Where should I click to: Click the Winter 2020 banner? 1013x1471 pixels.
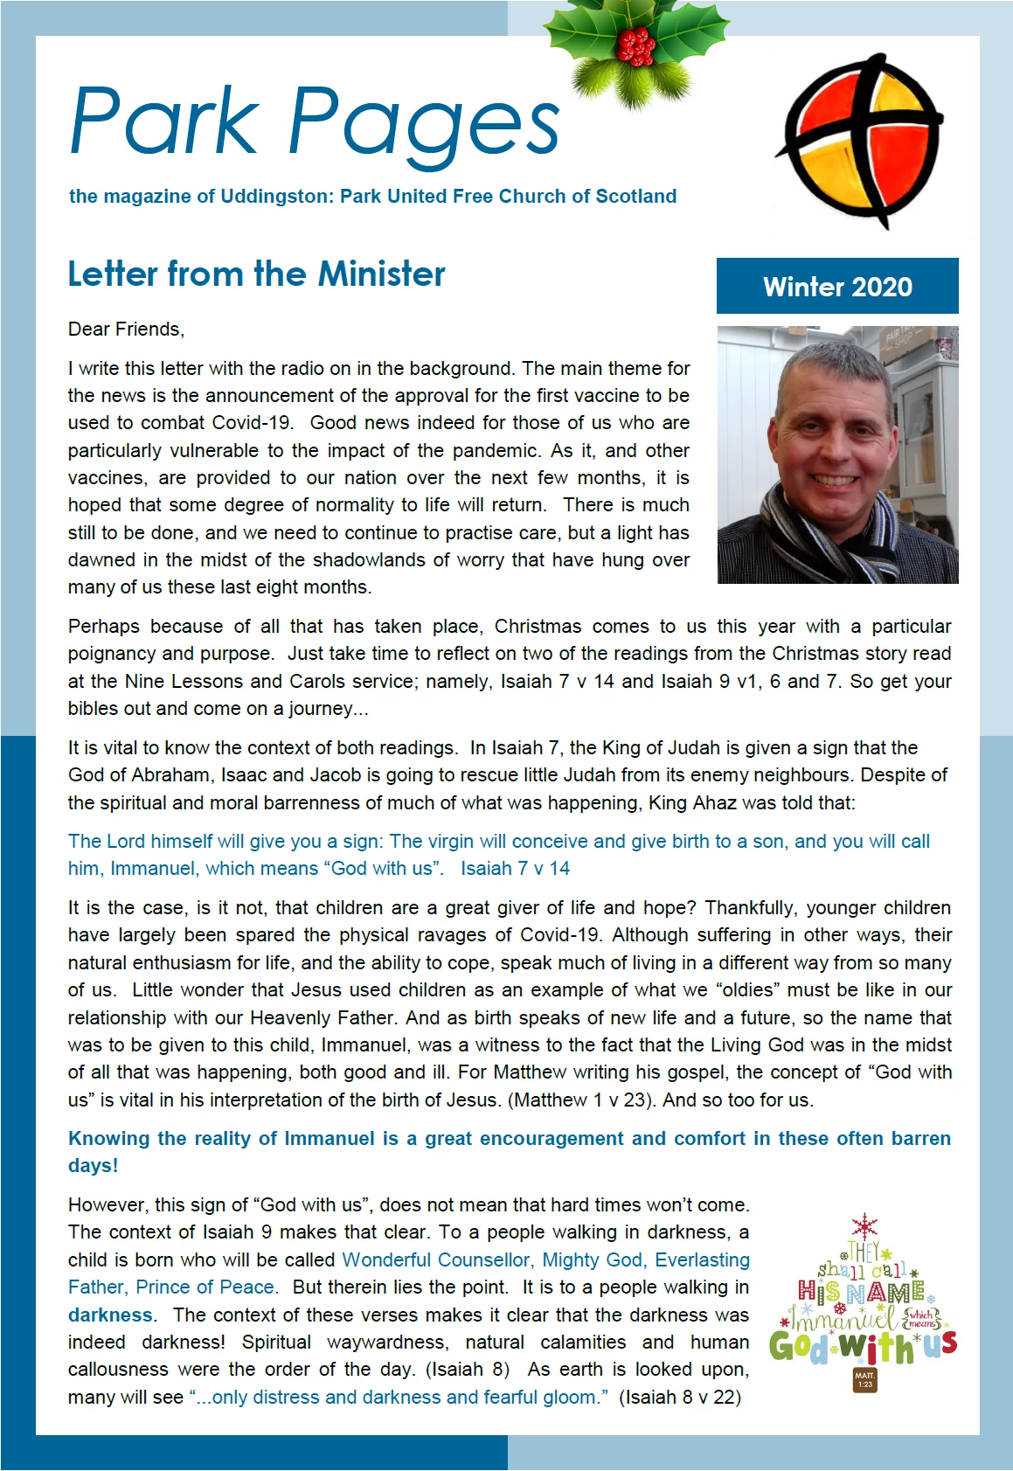click(836, 286)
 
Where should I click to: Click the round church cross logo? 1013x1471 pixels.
click(861, 139)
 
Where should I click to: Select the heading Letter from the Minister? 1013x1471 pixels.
click(256, 274)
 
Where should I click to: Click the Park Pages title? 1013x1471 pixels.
click(314, 123)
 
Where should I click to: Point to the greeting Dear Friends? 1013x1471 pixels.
click(126, 330)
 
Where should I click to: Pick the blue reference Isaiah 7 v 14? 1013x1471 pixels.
click(515, 869)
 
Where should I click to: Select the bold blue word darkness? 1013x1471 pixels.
click(110, 1315)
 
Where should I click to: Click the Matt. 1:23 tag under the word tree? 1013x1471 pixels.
click(864, 1380)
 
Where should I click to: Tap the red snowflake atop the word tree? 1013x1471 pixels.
click(864, 1225)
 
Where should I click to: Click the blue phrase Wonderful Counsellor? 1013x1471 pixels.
click(436, 1260)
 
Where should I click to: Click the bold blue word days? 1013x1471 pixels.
click(93, 1166)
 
